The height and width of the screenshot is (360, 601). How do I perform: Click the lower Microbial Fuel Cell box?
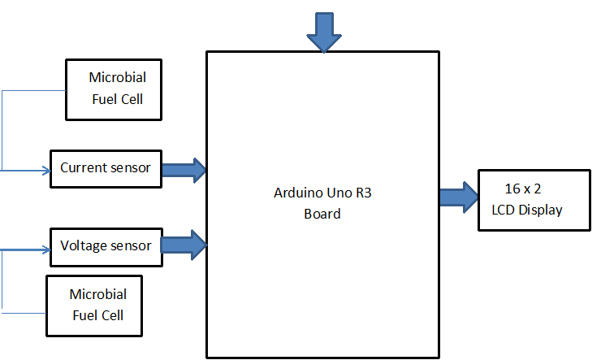95,305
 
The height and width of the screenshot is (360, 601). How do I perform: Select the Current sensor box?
106,168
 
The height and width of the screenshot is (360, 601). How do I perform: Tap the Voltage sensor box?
106,245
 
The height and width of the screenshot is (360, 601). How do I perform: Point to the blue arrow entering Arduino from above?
324,32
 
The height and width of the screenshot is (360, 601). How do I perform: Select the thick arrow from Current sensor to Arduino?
184,169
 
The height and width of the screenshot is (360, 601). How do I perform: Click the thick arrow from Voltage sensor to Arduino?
184,245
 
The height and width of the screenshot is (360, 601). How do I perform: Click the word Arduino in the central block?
297,195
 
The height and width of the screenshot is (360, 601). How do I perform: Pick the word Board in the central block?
322,215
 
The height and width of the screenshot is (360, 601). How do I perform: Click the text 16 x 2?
522,189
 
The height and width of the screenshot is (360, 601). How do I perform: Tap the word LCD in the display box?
504,210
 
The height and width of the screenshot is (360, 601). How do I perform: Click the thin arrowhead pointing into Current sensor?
45,171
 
